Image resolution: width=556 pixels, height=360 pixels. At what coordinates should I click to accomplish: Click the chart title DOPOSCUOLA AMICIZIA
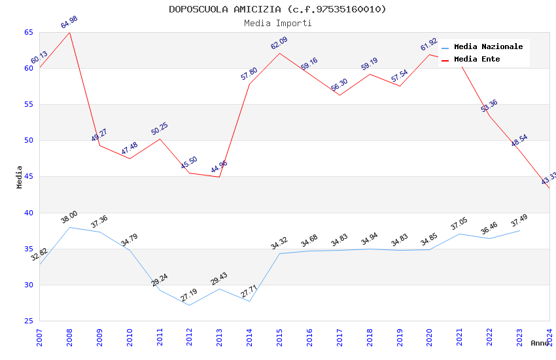277,9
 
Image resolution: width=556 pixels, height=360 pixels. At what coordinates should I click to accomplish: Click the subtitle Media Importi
277,23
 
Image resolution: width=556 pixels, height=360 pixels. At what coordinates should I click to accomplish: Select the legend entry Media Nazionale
488,47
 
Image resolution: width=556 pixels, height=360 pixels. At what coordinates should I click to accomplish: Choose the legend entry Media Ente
477,60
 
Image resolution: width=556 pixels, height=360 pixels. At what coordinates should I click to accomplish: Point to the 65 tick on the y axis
28,32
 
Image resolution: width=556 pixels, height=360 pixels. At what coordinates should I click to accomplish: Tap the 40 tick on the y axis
28,213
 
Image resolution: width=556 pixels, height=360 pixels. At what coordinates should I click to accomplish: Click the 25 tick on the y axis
28,321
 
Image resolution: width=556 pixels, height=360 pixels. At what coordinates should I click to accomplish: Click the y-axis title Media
20,177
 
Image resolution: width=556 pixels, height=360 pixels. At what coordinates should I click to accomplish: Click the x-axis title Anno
540,343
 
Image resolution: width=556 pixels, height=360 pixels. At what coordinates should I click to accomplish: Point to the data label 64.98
69,22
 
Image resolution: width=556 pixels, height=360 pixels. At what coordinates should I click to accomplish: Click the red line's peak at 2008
69,32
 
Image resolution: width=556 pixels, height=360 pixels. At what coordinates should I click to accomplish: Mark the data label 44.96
219,167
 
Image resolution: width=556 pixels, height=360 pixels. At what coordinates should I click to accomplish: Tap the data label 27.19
189,295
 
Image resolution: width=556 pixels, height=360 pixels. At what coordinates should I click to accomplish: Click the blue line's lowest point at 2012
189,305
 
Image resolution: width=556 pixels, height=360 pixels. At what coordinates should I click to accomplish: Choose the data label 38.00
69,217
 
